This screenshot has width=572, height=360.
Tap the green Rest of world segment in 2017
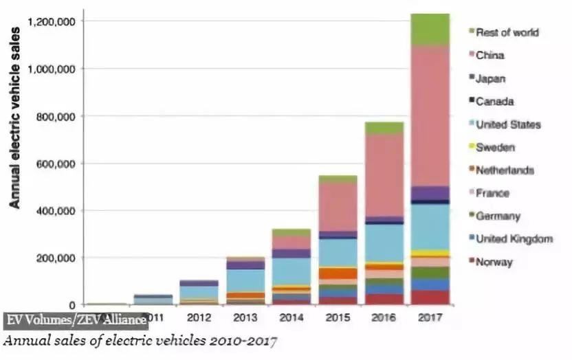coord(430,29)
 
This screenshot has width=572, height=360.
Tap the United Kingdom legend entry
coord(522,238)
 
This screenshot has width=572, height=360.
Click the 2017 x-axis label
coord(430,319)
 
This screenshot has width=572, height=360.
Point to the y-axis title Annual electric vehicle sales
coord(13,127)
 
